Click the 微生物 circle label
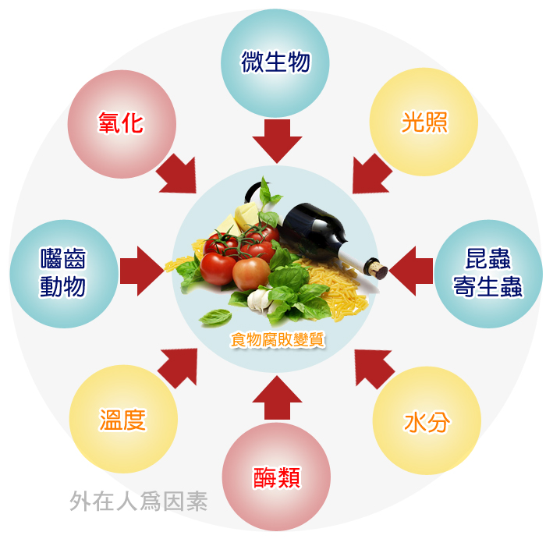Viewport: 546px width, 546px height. (x=275, y=62)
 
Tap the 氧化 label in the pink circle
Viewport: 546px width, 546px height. (x=121, y=123)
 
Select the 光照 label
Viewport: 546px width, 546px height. (x=424, y=122)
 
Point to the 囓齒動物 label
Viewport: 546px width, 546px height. (x=63, y=273)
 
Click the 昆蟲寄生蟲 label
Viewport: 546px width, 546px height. (x=487, y=273)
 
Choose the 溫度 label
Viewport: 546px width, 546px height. (x=123, y=420)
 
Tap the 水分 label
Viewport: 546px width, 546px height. (x=427, y=423)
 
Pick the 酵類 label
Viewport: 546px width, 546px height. (x=276, y=477)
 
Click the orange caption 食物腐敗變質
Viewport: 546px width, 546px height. (x=278, y=340)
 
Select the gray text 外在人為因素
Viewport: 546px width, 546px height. (x=139, y=502)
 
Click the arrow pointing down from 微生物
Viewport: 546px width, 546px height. (x=277, y=141)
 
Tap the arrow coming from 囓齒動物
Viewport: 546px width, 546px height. (x=142, y=271)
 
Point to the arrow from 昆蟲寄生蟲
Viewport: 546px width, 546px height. (x=411, y=271)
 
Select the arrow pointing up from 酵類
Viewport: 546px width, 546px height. (x=277, y=397)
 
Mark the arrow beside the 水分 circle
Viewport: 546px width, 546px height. (x=374, y=368)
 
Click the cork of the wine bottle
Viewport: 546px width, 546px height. (x=376, y=268)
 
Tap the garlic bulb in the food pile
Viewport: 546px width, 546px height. (x=261, y=300)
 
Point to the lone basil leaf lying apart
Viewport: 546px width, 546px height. (x=215, y=317)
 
